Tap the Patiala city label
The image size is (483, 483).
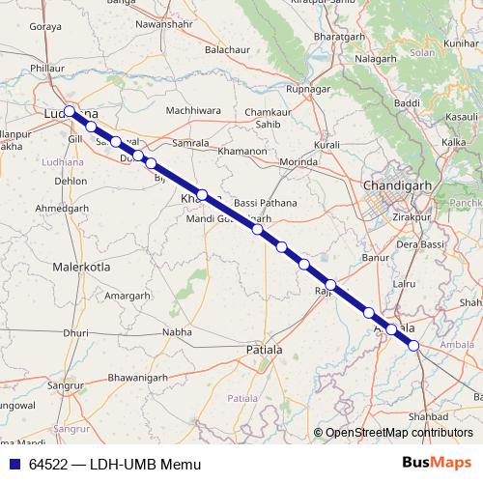tap(266, 349)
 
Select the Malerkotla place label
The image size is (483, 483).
tap(82, 265)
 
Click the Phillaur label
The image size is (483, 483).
tap(47, 69)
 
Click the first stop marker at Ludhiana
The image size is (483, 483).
tap(70, 111)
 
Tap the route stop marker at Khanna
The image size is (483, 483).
tap(202, 194)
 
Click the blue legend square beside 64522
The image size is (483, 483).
tap(14, 464)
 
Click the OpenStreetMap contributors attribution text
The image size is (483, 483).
tap(400, 433)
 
